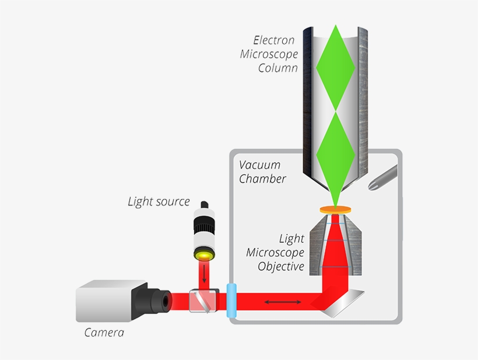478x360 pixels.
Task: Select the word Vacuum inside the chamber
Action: tap(259, 165)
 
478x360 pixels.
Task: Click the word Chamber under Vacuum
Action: tap(262, 179)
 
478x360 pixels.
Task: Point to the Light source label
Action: tap(159, 202)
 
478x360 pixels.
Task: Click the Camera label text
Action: tap(104, 333)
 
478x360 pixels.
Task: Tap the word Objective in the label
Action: tap(281, 267)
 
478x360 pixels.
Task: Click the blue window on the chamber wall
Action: tap(232, 301)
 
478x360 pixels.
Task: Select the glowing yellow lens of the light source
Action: tap(204, 255)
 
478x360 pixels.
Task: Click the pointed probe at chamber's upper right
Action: tap(384, 177)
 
